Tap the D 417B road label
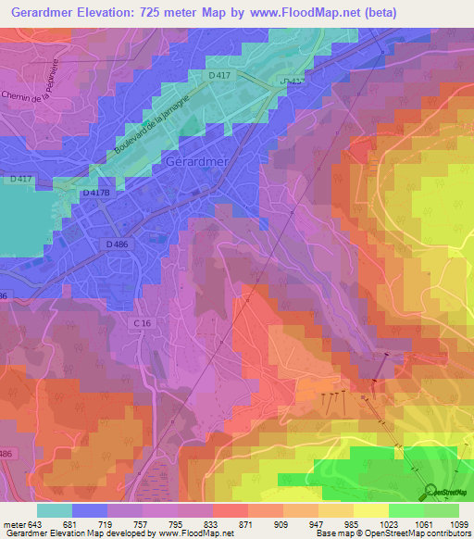[x=95, y=194]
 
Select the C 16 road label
[x=142, y=321]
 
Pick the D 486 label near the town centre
[x=117, y=244]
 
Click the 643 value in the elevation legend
[x=34, y=525]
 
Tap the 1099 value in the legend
[x=458, y=525]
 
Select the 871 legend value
[x=246, y=525]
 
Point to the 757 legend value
[x=141, y=525]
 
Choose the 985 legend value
[x=353, y=525]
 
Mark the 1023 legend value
[x=388, y=525]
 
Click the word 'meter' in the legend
[x=13, y=525]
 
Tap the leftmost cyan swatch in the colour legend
[x=54, y=510]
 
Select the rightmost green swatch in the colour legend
[x=442, y=510]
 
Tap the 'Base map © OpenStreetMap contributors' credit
[x=393, y=533]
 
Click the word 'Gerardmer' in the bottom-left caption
[x=23, y=533]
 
